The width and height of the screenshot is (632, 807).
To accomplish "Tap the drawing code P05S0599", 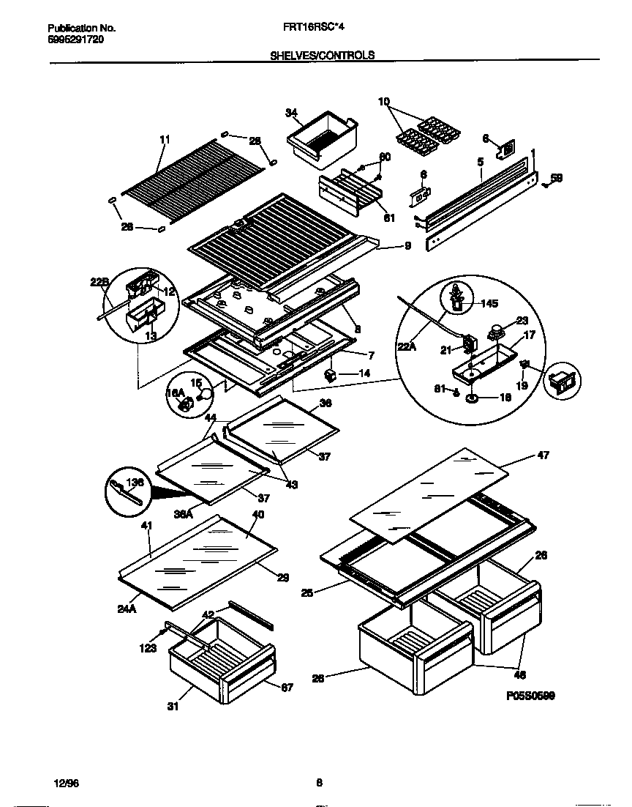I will (x=530, y=696).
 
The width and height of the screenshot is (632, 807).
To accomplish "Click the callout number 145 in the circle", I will (x=487, y=303).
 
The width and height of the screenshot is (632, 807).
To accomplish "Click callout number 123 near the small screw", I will (x=148, y=647).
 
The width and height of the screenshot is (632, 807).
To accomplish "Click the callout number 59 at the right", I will (x=557, y=178).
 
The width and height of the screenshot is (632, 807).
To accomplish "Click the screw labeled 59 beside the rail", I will (x=545, y=185).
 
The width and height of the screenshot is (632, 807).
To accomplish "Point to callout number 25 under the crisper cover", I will (x=307, y=592).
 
